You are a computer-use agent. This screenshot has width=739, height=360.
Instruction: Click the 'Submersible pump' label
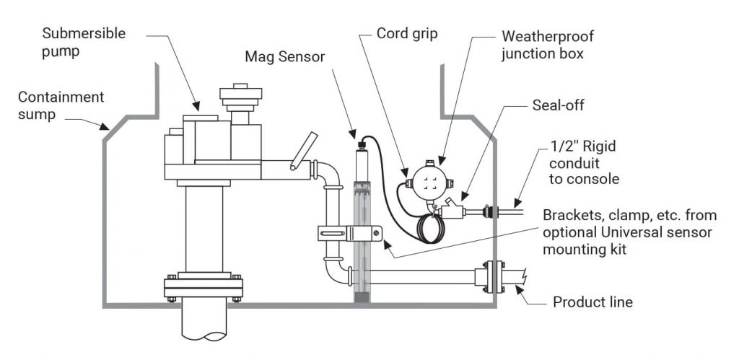84,42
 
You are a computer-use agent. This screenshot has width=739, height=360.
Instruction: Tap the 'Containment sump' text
61,105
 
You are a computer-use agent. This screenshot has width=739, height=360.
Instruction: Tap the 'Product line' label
592,302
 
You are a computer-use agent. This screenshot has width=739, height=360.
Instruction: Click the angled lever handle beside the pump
304,150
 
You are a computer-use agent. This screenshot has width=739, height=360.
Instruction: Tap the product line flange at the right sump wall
492,277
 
